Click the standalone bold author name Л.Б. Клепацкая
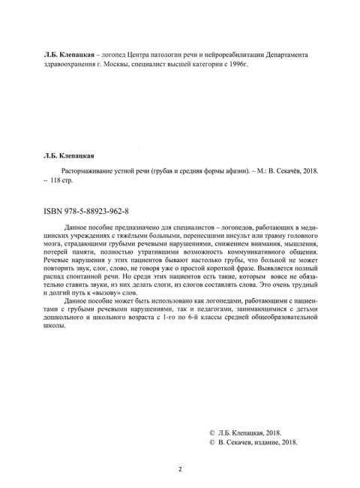pyautogui.click(x=72, y=156)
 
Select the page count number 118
pyautogui.click(x=58, y=182)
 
